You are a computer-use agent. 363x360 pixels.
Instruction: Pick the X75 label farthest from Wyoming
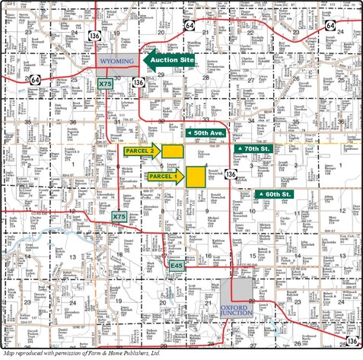[119, 217]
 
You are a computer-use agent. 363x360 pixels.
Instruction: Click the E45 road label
[177, 266]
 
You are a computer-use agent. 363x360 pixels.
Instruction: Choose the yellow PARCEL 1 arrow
[163, 177]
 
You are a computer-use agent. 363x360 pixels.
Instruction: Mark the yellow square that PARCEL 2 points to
[173, 151]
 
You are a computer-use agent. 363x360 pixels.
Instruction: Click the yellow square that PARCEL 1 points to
[196, 176]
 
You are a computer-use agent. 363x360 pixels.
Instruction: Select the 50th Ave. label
[205, 132]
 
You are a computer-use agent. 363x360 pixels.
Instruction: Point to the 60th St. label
[274, 195]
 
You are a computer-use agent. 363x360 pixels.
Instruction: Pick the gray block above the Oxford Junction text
[242, 289]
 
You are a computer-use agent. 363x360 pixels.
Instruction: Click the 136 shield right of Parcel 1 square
[230, 174]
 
